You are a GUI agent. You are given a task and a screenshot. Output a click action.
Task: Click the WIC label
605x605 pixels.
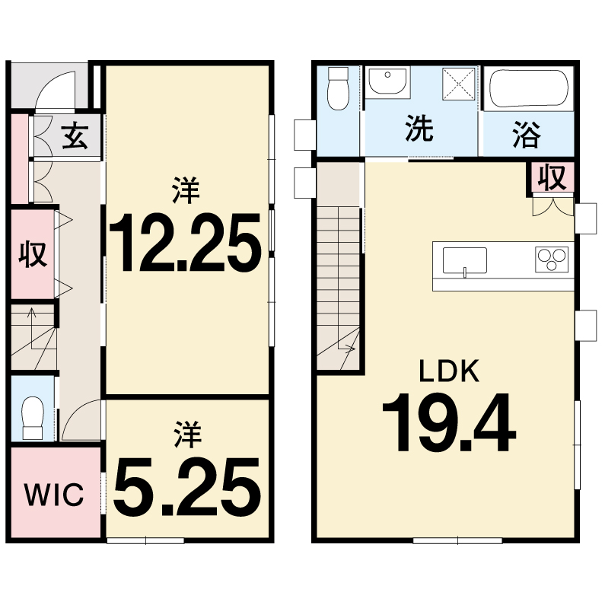(53, 494)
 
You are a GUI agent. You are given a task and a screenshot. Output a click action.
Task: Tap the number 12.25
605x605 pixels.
(186, 242)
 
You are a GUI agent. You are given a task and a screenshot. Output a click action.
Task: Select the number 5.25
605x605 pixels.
(186, 487)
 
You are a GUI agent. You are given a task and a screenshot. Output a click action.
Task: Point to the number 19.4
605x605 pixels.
(449, 422)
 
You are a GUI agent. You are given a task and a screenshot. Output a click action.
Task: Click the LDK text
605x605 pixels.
(449, 371)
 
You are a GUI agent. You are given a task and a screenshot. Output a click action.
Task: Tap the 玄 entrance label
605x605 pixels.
(75, 135)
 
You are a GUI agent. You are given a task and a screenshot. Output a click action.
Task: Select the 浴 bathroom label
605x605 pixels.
(527, 135)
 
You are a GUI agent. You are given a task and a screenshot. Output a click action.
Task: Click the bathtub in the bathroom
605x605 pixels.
(529, 88)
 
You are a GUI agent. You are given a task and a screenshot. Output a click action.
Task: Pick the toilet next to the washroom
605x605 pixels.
(338, 88)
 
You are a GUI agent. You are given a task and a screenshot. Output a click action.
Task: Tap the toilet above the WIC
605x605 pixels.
(33, 418)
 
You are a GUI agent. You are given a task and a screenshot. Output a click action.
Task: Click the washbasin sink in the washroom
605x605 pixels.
(387, 81)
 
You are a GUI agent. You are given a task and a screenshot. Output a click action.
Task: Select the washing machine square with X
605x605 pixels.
(458, 84)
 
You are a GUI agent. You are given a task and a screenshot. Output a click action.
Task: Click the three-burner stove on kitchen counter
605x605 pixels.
(552, 260)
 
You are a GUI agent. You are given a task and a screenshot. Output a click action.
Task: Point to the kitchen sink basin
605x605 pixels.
(465, 261)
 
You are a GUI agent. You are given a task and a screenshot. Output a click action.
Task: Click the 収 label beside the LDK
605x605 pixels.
(552, 177)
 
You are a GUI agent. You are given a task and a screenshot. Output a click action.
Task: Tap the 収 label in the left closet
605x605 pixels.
(33, 253)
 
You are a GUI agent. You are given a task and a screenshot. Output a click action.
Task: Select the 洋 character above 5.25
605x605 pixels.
(188, 434)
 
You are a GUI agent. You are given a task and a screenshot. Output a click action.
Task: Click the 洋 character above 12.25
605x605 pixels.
(186, 189)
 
